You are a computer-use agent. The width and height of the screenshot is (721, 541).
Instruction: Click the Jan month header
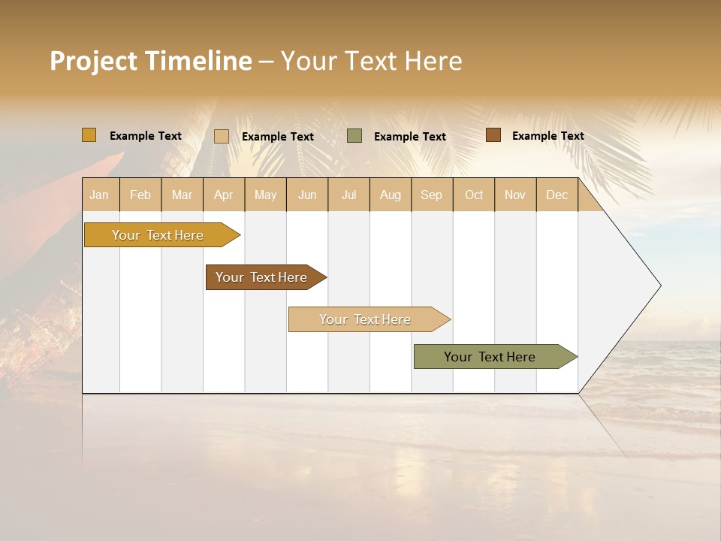(x=99, y=195)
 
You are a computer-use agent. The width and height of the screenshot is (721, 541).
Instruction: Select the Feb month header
(x=140, y=195)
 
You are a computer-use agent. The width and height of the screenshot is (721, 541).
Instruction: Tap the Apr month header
(x=223, y=195)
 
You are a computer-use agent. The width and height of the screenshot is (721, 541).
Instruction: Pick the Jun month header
(x=307, y=195)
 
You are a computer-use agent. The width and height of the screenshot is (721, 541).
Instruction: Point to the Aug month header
(x=390, y=195)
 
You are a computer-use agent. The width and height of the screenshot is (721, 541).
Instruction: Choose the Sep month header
(x=431, y=195)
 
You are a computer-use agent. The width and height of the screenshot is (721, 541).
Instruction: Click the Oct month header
(x=474, y=195)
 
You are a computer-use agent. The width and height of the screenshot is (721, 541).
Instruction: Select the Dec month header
(x=557, y=195)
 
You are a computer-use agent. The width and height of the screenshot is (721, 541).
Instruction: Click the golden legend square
(x=89, y=135)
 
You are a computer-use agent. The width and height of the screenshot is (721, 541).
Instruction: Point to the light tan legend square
(x=222, y=136)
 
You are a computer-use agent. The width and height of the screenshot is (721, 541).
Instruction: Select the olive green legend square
(x=354, y=136)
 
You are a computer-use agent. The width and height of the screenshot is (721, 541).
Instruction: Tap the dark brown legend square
(x=493, y=135)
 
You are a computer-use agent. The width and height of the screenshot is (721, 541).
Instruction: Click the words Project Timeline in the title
(x=151, y=61)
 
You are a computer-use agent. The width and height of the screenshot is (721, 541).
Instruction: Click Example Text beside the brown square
(x=548, y=136)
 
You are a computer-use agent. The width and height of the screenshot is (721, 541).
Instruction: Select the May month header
(x=265, y=195)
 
